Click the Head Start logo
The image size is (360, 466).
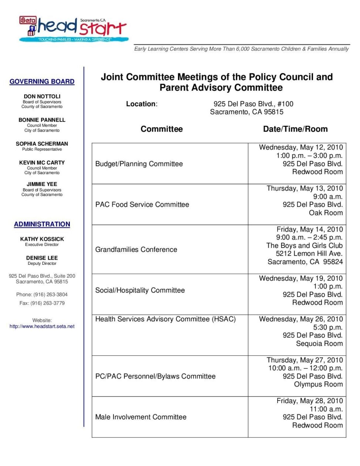pos(74,28)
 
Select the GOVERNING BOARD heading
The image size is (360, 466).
pos(42,81)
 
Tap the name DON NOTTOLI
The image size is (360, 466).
pos(42,96)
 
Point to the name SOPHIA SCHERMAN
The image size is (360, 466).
pos(42,143)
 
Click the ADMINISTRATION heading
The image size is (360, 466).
pos(42,224)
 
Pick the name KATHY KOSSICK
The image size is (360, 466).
pos(42,239)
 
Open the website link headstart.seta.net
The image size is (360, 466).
pos(42,326)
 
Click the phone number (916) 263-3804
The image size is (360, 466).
pos(50,294)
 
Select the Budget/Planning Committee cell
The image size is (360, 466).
pos(139,164)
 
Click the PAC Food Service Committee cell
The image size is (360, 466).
pos(142,205)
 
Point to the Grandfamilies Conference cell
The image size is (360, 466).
pos(136,250)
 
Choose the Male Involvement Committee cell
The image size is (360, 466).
pos(141,417)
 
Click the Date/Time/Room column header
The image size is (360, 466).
pos(295,129)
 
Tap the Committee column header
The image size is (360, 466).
pos(162,129)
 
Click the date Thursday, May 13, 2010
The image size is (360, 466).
pos(305,188)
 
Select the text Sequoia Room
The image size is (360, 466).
pos(319,344)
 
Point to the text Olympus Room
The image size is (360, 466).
pos(318,384)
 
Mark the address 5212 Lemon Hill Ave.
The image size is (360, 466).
pos(309,253)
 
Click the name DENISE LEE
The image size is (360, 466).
pos(42,258)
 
